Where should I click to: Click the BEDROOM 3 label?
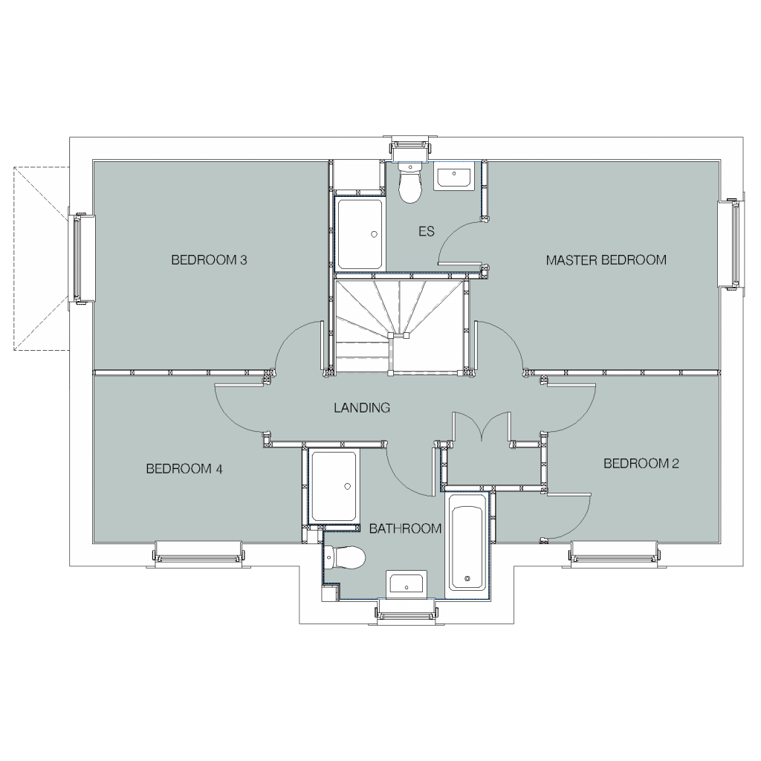(x=209, y=260)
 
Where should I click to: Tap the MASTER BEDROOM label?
(x=606, y=260)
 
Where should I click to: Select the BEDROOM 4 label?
(x=184, y=469)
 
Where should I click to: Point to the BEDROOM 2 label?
(x=641, y=464)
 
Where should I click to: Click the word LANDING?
(x=362, y=408)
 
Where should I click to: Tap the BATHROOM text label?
(x=406, y=528)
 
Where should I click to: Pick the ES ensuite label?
(x=426, y=231)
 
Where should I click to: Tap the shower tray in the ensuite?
(x=360, y=234)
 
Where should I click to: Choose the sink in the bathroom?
(x=407, y=583)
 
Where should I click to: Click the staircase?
(x=398, y=325)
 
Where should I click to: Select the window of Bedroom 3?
(x=77, y=259)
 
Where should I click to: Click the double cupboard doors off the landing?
(x=482, y=426)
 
